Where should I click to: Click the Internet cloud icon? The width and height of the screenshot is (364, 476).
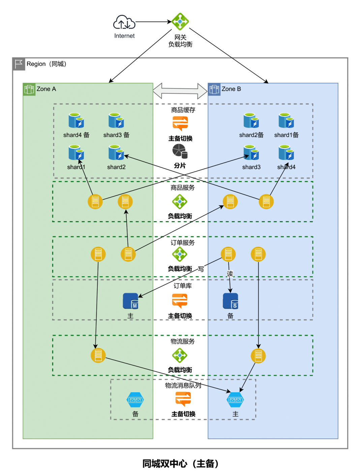(124, 22)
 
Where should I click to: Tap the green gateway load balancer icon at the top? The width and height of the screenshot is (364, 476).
(180, 22)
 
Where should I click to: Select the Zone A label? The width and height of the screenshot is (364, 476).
(46, 89)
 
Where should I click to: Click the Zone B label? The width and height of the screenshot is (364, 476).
(231, 89)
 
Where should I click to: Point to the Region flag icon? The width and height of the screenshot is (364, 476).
(19, 64)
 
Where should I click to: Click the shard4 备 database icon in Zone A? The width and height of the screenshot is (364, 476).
(76, 121)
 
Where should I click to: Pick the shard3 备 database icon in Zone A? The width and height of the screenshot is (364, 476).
(116, 121)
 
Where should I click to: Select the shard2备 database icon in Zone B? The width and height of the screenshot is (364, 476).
(251, 121)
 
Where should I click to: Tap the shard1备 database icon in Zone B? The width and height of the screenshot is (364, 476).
(286, 121)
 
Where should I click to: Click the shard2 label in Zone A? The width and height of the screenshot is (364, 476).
(116, 167)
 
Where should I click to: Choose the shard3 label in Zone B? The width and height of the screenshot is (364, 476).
(251, 167)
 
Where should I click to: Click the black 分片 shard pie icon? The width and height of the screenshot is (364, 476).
(180, 151)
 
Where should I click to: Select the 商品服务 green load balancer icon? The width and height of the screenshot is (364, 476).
(180, 202)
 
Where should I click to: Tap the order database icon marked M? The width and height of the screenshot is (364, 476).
(131, 301)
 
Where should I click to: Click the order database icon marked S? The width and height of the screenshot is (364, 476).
(231, 301)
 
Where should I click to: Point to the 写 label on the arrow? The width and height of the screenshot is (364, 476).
(201, 269)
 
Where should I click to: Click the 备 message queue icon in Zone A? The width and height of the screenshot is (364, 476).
(135, 400)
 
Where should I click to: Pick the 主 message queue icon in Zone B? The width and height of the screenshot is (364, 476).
(235, 400)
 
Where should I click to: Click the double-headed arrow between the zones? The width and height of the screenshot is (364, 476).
(180, 91)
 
